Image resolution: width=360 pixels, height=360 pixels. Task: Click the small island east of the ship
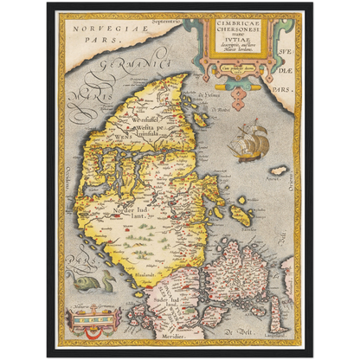pyautogui.click(x=279, y=170)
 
